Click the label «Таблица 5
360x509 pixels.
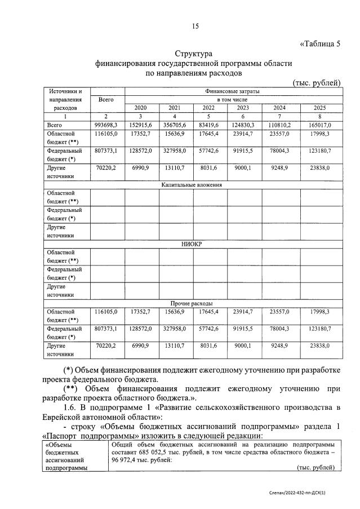319,45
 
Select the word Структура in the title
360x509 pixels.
193,54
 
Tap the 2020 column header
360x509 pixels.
141,108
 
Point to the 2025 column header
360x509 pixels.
320,108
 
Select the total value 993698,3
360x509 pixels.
106,125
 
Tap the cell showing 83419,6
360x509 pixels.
209,125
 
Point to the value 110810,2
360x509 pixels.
279,125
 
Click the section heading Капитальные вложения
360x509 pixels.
192,184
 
